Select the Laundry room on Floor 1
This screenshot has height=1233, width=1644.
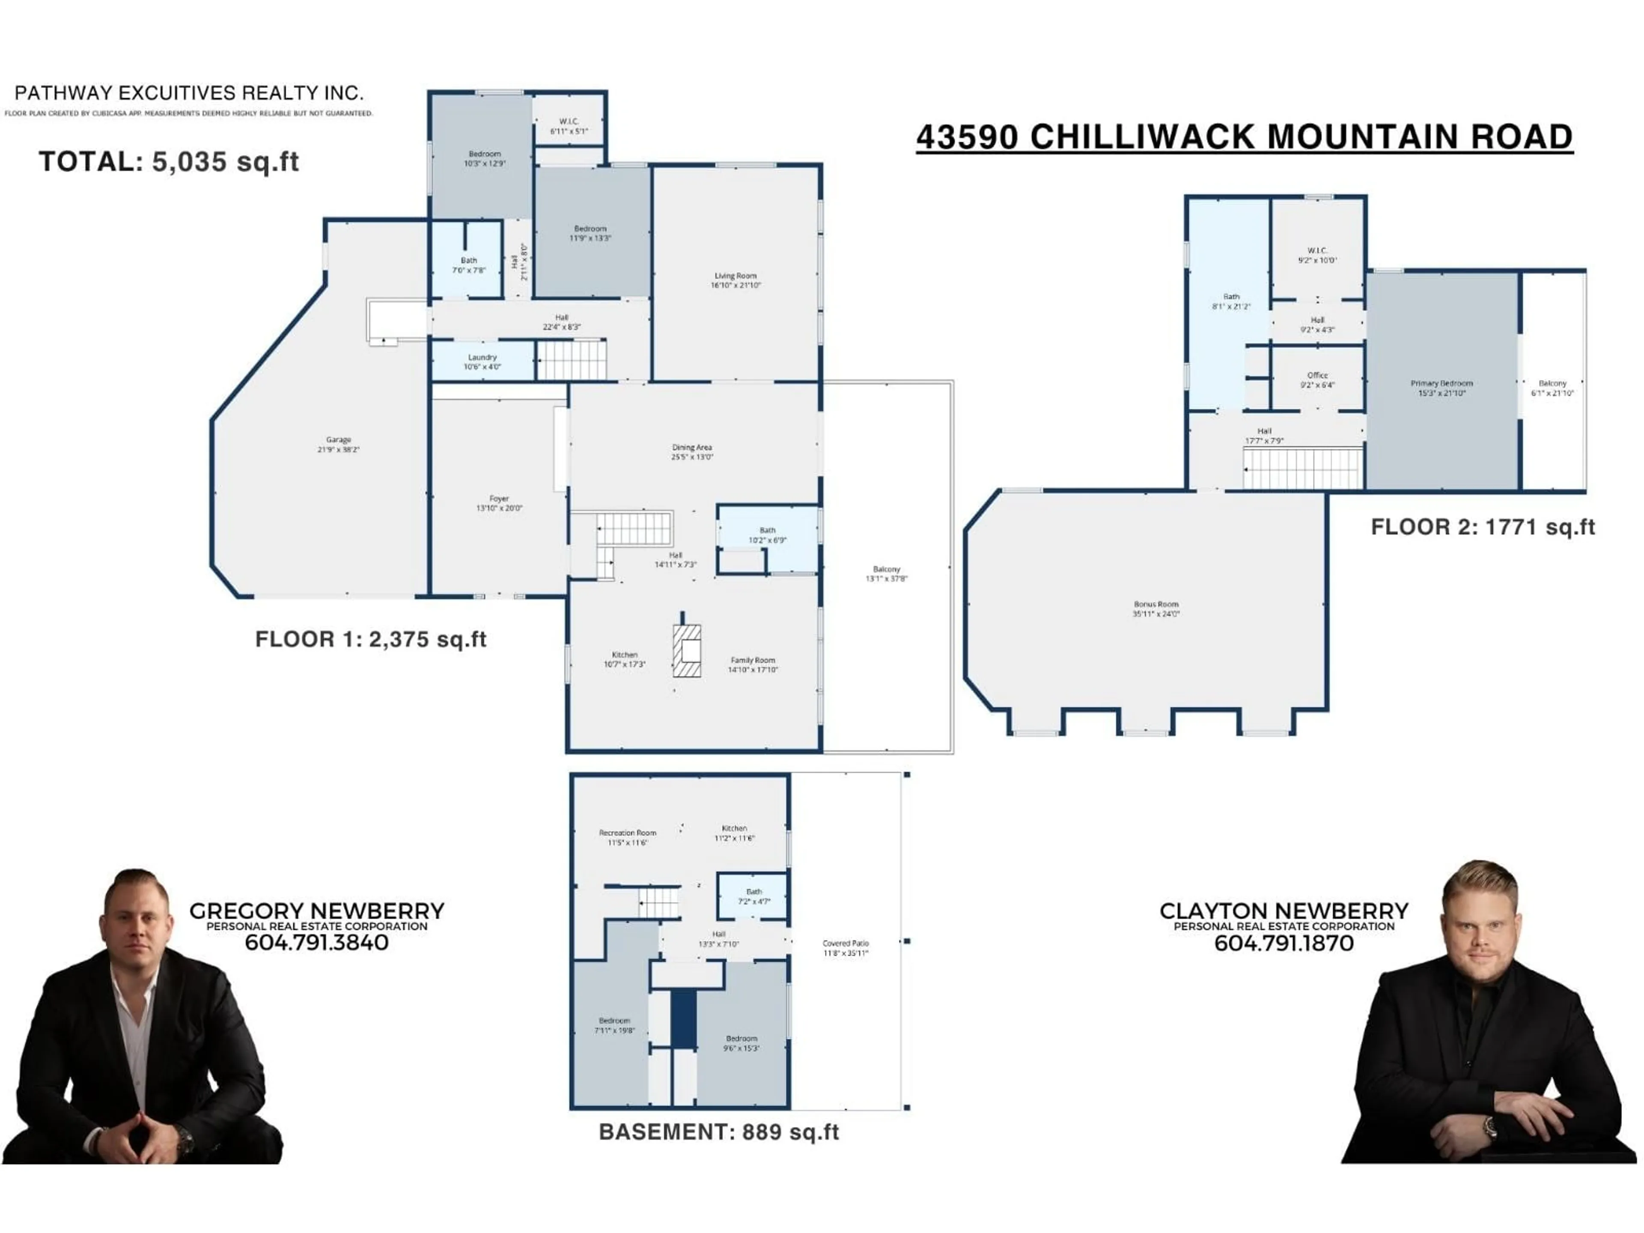[x=482, y=361]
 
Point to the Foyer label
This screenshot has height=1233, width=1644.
[x=499, y=503]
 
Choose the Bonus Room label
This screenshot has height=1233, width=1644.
[x=1156, y=609]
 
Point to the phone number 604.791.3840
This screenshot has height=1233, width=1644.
[x=317, y=942]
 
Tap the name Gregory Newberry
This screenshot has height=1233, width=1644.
[x=317, y=911]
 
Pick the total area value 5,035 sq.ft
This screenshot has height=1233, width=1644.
[x=225, y=161]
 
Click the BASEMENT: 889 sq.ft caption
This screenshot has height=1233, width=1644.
[x=719, y=1132]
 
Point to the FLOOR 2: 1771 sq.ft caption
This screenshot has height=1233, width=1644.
[x=1483, y=527]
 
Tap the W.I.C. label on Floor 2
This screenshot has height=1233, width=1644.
[x=1317, y=255]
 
